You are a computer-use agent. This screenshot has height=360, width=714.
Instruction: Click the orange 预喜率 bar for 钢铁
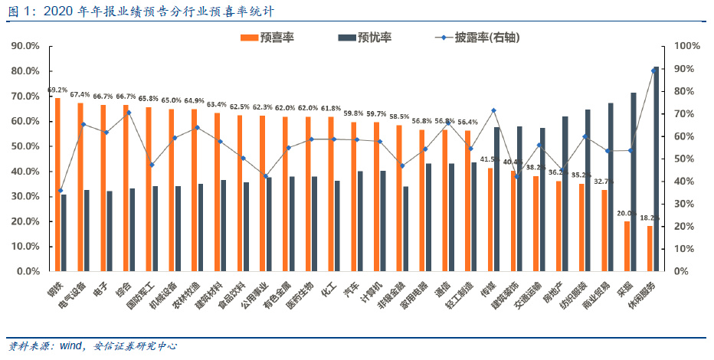coord(57,185)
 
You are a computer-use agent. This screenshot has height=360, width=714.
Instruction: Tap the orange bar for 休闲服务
coord(650,248)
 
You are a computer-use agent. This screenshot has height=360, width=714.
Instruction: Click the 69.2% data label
coord(57,90)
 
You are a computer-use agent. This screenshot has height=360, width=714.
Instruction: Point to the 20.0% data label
coord(626,214)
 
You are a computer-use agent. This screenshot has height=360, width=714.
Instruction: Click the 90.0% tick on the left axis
coord(26,46)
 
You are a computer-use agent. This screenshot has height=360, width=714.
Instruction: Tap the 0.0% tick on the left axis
coord(28,271)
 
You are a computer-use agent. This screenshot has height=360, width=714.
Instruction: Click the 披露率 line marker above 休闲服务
coord(653,70)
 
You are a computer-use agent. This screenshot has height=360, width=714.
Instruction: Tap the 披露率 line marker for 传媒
coord(494,110)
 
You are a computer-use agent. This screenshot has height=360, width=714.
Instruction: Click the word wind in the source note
coord(63,346)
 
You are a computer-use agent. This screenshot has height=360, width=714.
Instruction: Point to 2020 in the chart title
coord(51,11)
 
